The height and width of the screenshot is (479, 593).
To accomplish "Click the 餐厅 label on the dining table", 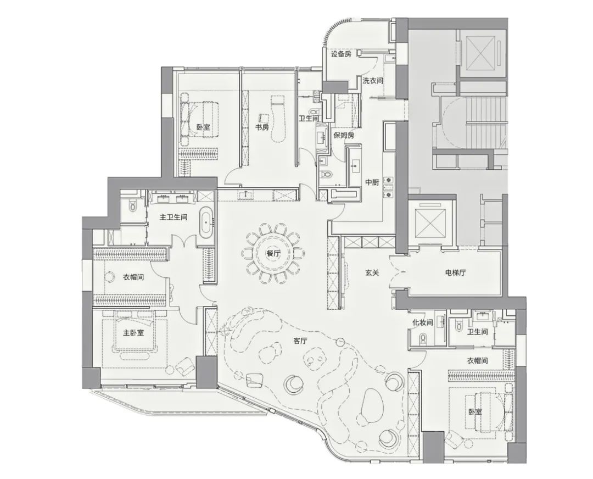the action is tap(273, 254).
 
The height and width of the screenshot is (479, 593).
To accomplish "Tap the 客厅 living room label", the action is tap(300, 341).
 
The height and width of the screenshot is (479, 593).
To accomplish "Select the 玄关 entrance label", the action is tap(372, 272).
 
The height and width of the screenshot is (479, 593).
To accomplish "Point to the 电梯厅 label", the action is tap(455, 272).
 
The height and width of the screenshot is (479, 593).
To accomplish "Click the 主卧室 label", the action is tap(133, 333).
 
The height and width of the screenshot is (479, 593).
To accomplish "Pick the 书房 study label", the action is tap(262, 127).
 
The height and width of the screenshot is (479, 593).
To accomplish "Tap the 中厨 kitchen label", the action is tap(372, 182).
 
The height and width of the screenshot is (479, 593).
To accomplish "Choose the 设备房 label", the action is tap(341, 54).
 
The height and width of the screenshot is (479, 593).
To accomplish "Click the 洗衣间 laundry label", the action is tap(373, 81).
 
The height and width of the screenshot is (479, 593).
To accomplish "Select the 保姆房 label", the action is tap(344, 136).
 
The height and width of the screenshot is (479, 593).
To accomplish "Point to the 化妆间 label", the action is tap(422, 323).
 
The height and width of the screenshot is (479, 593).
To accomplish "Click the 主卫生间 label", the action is tap(173, 217).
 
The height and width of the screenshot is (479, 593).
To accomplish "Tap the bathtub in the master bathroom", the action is tap(206, 223).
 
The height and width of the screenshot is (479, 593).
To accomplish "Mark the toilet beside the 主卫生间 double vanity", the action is tap(132, 205).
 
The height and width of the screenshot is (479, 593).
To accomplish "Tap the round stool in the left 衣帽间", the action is tap(110, 277).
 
